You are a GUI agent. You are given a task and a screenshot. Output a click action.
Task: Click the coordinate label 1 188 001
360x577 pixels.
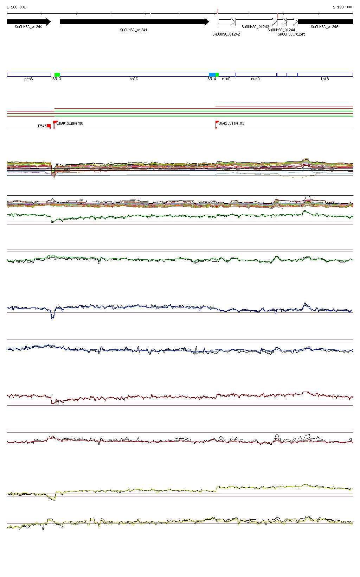16,7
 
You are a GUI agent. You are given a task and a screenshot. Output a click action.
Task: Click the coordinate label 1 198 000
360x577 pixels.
342,7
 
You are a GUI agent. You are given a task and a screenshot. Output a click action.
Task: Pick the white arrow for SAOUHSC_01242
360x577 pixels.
227,22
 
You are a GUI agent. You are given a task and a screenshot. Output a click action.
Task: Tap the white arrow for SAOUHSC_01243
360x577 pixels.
256,22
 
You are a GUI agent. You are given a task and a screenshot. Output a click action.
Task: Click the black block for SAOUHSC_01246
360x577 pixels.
325,22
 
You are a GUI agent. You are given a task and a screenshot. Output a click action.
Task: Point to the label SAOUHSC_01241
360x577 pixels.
134,30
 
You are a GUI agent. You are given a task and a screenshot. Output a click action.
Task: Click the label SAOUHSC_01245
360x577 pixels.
291,34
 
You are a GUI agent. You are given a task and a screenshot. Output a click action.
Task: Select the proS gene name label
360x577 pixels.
28,79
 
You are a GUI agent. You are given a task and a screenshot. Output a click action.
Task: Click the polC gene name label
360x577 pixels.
134,79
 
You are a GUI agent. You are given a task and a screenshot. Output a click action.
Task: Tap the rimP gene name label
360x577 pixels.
226,79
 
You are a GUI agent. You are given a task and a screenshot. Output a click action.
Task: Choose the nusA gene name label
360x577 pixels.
255,79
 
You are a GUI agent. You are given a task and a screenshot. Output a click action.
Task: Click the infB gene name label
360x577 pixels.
324,79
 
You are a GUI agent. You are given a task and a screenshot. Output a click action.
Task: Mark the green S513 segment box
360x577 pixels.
57,75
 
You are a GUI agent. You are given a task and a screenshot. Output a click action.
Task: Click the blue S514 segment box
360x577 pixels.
212,75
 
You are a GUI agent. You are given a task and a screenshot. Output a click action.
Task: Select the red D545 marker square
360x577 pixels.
49,126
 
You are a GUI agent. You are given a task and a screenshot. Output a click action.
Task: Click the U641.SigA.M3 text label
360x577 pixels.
231,123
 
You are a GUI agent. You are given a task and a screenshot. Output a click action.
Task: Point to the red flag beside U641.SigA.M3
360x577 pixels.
217,122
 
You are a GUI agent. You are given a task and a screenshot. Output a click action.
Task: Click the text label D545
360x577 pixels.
42,126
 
